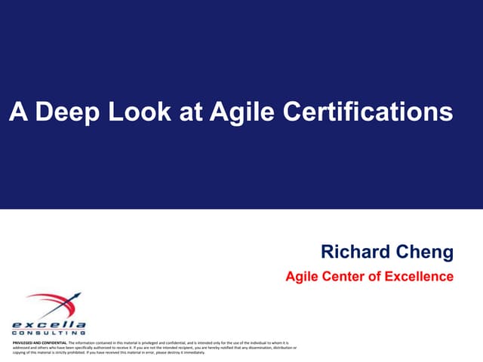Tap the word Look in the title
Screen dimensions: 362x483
pos(138,112)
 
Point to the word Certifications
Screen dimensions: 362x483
pos(368,112)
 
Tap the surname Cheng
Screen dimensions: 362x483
pos(426,251)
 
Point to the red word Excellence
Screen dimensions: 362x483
pos(420,277)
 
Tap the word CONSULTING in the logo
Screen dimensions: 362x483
pos(49,333)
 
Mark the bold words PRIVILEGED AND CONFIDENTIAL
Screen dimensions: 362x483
pos(40,342)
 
